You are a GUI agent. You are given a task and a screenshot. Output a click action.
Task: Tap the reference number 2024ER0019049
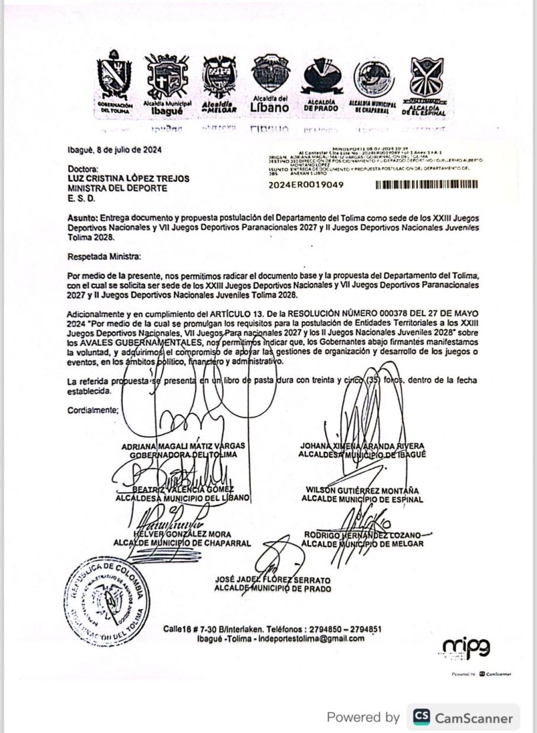[x=306, y=184]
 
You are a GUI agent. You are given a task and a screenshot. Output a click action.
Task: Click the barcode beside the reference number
[x=427, y=184]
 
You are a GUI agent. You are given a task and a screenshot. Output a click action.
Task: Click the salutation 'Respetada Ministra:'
[x=104, y=257]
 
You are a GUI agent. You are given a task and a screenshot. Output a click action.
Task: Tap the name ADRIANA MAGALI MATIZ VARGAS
[x=183, y=446]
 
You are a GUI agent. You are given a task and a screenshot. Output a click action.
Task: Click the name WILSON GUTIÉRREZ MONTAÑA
[x=362, y=491]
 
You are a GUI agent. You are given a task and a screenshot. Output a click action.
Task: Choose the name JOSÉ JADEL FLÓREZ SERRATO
[x=273, y=580]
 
